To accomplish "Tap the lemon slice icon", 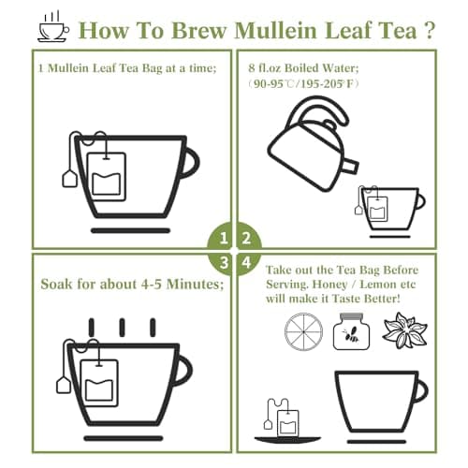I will click(301, 331).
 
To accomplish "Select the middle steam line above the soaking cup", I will click(120, 328).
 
